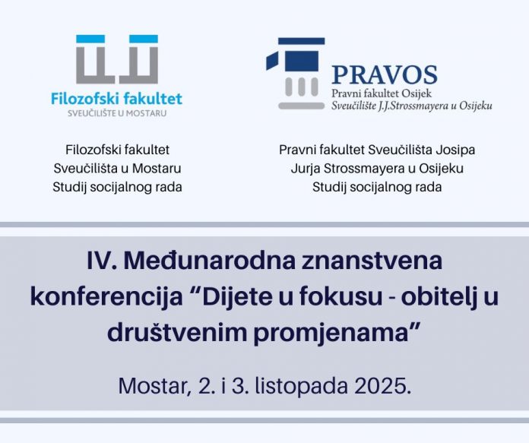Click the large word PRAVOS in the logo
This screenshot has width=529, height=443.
point(385,74)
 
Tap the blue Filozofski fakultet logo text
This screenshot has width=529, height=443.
point(117,99)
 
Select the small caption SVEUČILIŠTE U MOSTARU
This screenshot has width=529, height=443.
point(117,113)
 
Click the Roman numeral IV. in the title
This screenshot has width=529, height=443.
point(102,261)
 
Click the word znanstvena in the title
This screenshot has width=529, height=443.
point(372,261)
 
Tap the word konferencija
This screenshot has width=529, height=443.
point(106,298)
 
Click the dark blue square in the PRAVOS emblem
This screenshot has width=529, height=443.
point(302,61)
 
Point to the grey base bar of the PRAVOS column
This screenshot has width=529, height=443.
point(301,106)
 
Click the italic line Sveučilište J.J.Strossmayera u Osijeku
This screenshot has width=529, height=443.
point(412,106)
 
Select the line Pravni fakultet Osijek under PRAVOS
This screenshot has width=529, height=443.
point(382,93)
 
